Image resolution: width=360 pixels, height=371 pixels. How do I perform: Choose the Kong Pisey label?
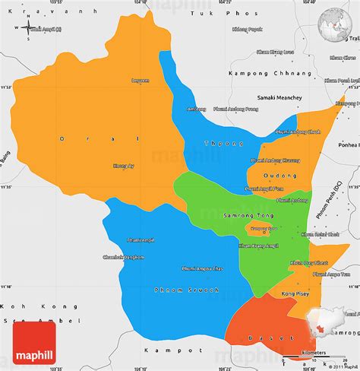[294, 292]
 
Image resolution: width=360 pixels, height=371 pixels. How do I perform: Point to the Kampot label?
[162, 351]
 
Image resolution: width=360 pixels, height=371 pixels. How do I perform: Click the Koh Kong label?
[17, 306]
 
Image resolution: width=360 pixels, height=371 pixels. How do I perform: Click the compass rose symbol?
[29, 29]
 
